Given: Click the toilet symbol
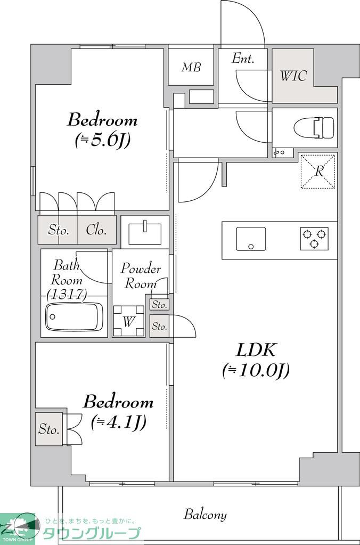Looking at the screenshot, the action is coord(314,127).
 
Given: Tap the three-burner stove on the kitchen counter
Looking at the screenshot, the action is coord(314,239).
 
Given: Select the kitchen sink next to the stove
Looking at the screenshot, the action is coord(251,239).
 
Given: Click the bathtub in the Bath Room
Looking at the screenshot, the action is coord(74,316).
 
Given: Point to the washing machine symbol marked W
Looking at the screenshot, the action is coord(128,321).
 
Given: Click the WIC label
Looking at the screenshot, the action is coord(293,76).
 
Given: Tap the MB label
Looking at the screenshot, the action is coord(191,67).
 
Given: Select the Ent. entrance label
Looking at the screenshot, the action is coord(243,58).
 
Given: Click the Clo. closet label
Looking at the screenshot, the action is coord(96,230).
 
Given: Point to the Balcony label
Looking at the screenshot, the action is coord(205,515).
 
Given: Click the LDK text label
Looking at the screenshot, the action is coord(256,350).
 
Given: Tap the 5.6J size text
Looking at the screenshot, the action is coord(103,140).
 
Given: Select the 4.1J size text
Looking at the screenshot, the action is coord(119,422).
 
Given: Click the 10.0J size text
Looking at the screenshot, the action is coord(256,370).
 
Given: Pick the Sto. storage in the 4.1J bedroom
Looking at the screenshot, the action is coord(49,429).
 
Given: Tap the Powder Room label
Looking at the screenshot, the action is coord(141,276).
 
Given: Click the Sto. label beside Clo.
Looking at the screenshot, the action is coord(59,230).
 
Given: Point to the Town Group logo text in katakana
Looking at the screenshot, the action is coord(92,533).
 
